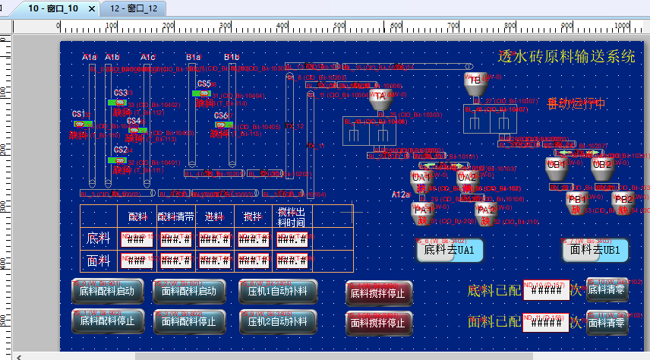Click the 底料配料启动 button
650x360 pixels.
tap(107, 291)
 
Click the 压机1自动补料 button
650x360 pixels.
tap(277, 291)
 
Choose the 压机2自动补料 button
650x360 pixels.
tap(277, 321)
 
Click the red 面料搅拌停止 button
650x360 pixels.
tap(379, 322)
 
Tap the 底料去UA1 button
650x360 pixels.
tap(450, 249)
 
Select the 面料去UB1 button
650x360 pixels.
tap(596, 249)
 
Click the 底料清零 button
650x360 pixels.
tap(607, 289)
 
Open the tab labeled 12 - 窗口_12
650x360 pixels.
tap(133, 8)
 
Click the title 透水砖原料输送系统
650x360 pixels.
tap(566, 56)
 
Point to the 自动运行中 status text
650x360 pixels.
tap(576, 104)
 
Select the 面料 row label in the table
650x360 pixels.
tap(99, 261)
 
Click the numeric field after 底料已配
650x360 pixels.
tap(546, 291)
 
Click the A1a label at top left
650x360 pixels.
tap(90, 57)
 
